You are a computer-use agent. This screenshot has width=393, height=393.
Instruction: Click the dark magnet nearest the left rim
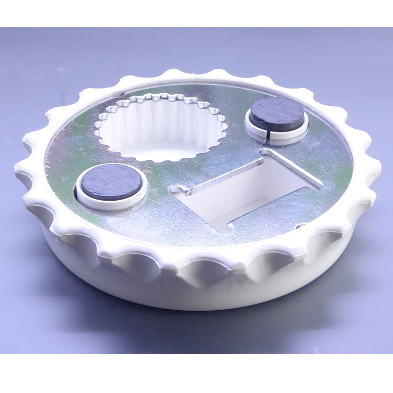[111, 181]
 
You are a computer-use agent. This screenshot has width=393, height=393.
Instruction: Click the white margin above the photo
[196, 13]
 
